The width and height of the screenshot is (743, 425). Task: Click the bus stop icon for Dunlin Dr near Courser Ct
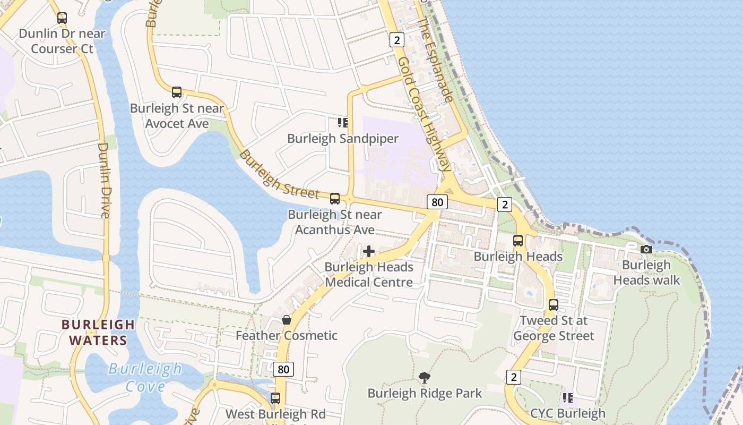[62, 18]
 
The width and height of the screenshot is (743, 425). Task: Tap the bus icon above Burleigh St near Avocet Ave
[177, 92]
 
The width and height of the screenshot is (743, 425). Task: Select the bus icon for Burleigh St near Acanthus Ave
[335, 199]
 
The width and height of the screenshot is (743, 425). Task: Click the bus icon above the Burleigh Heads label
[518, 241]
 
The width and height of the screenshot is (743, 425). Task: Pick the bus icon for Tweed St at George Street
[554, 305]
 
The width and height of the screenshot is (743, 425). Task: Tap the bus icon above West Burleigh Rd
[275, 398]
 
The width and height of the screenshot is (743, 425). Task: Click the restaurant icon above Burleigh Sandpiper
[343, 123]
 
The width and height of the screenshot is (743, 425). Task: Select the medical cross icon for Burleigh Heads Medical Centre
[369, 251]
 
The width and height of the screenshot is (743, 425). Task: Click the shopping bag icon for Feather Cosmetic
[287, 320]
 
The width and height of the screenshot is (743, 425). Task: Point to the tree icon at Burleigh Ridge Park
[424, 378]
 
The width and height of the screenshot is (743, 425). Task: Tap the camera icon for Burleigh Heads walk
[646, 249]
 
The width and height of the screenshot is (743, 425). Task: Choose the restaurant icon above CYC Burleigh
[567, 397]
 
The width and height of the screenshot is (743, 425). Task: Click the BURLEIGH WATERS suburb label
[98, 332]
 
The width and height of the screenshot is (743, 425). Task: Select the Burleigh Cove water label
[145, 377]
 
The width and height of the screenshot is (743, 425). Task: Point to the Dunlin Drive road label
[104, 180]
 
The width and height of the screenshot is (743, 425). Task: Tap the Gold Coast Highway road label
[425, 114]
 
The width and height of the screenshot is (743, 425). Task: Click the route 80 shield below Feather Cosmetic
[283, 369]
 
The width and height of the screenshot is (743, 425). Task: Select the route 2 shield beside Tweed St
[513, 377]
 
